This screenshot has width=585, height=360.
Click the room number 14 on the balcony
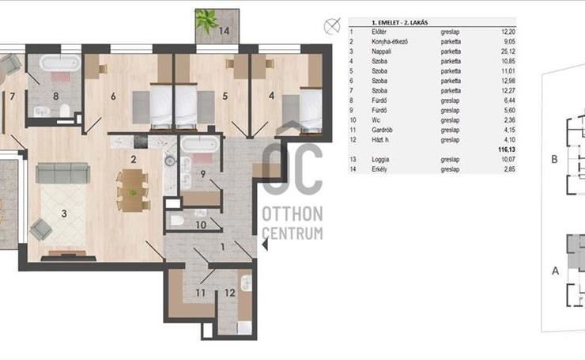click(x=224, y=31)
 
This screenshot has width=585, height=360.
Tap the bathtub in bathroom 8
click(x=60, y=63)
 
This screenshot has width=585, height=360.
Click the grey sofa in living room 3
click(x=62, y=173)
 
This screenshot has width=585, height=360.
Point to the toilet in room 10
click(x=177, y=220)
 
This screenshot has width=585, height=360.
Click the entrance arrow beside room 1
click(x=265, y=245)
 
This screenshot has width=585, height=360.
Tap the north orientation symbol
click(x=332, y=26)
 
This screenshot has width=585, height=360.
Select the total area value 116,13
click(x=507, y=150)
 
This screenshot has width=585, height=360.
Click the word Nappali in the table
click(x=381, y=51)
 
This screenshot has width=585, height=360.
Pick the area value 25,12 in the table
click(x=508, y=51)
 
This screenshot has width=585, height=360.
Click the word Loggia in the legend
click(x=380, y=160)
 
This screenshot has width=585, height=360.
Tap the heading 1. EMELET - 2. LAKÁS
click(x=399, y=22)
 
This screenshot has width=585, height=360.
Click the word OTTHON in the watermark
click(x=292, y=214)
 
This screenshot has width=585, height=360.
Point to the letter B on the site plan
click(x=554, y=159)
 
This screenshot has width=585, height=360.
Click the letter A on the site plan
click(x=555, y=271)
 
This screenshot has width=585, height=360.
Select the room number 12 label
click(x=230, y=293)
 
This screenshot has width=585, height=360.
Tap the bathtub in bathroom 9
click(x=200, y=144)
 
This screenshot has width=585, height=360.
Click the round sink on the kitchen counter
click(x=171, y=161)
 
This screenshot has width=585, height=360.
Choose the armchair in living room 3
click(x=41, y=229)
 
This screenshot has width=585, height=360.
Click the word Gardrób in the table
click(x=382, y=130)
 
